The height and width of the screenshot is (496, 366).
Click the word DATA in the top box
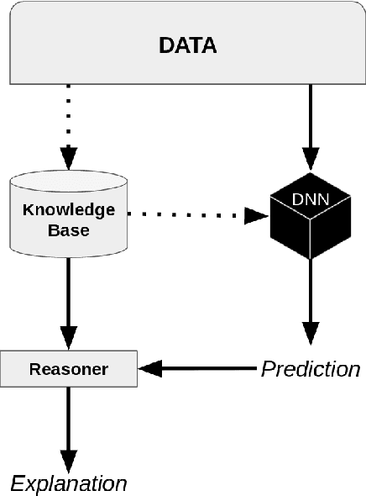tap(188, 45)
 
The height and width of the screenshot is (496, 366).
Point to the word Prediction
tap(310, 368)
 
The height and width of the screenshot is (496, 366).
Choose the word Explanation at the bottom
tap(69, 483)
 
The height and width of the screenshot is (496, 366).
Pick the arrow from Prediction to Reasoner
tap(201, 368)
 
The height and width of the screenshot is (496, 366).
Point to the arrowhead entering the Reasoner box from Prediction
tap(149, 368)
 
